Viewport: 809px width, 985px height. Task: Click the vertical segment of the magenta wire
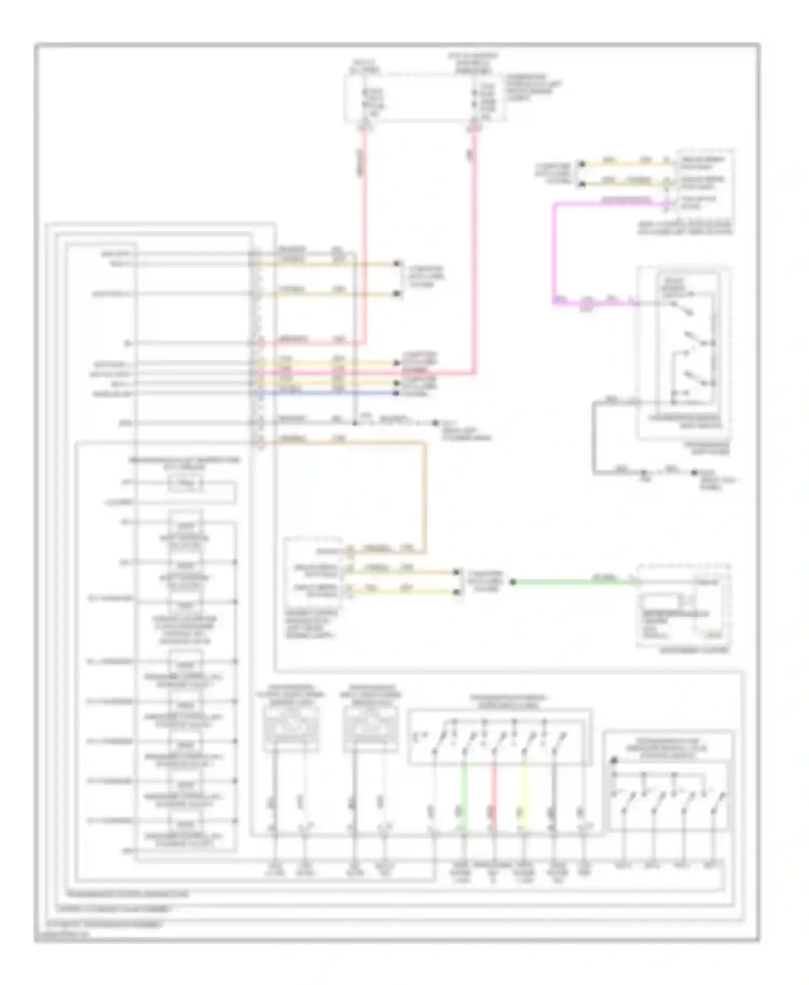click(554, 253)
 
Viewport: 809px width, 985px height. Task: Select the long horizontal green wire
click(572, 582)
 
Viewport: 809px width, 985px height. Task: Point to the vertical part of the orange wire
click(424, 496)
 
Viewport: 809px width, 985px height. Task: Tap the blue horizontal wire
click(324, 393)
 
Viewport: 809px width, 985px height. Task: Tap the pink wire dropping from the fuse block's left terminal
click(365, 232)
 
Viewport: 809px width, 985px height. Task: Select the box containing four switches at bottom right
click(668, 781)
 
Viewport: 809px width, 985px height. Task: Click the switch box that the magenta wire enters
click(684, 350)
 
